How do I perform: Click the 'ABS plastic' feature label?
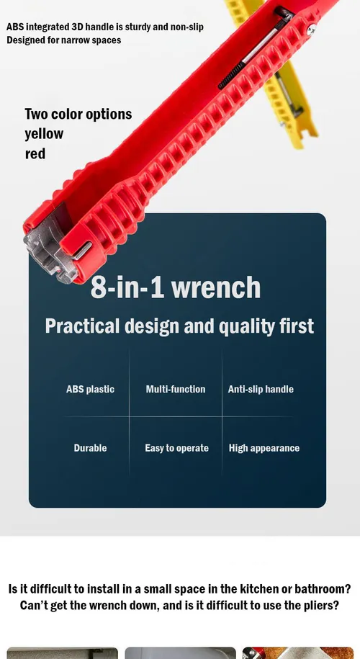pos(90,389)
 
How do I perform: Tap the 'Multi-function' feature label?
pos(176,389)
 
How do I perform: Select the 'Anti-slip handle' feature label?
pos(261,389)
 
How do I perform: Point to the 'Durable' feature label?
pos(90,448)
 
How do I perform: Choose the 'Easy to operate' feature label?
pos(176,449)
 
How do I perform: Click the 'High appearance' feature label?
pos(264,449)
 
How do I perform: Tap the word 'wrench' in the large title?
pos(216,288)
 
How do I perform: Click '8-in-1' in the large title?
pos(127,287)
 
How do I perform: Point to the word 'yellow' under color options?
pos(44,135)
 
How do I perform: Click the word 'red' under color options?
pos(35,154)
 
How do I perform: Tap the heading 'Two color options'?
pos(78,114)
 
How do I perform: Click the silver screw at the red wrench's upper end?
pos(311,30)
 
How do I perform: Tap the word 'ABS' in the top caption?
pos(15,27)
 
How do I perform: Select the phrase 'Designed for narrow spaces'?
pos(64,40)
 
